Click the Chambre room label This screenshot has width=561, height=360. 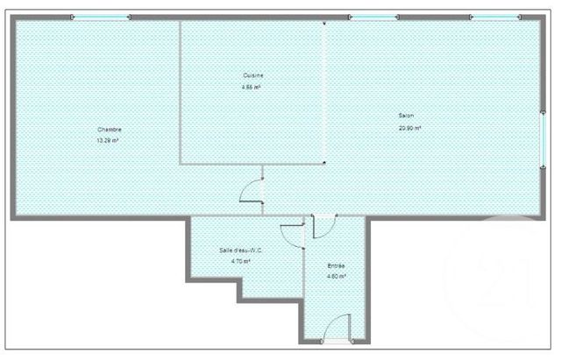click(110, 130)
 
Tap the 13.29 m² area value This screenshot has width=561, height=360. click(107, 140)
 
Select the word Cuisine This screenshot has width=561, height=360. click(253, 76)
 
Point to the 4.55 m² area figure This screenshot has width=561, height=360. click(252, 88)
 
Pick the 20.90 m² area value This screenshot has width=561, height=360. click(409, 128)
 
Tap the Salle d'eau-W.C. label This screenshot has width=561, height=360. click(241, 251)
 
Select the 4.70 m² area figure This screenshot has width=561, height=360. click(240, 261)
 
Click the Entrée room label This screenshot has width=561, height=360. click(337, 265)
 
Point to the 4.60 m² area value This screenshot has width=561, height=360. click(337, 277)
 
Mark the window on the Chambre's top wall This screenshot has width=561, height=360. click(100, 17)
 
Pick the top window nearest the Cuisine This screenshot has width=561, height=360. click(374, 17)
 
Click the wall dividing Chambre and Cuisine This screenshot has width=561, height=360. click(180, 92)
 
